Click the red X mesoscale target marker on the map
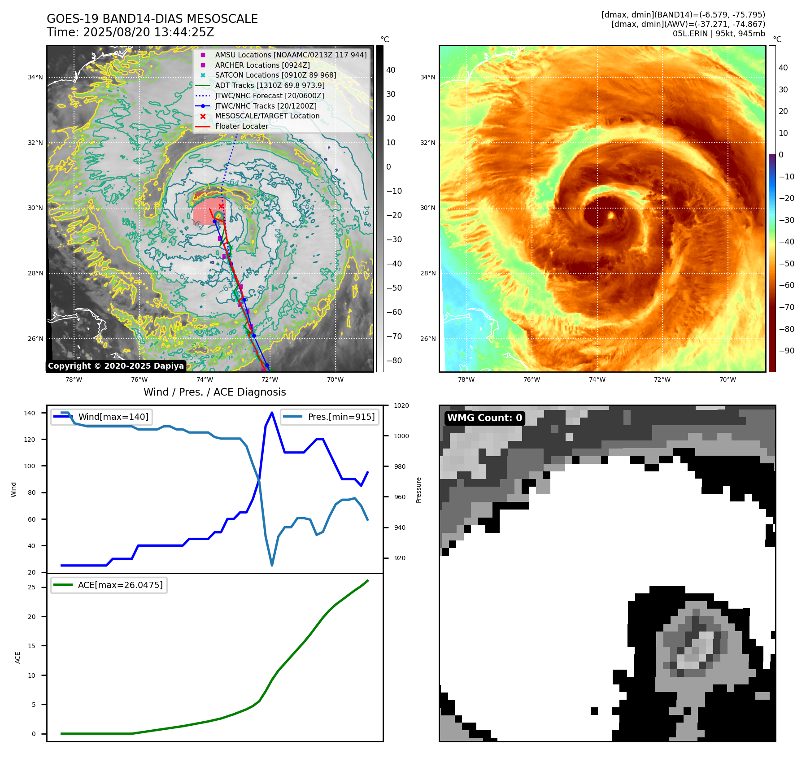coord(221,206)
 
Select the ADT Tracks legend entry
coord(270,85)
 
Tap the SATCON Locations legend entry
coord(275,75)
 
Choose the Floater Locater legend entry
coord(241,126)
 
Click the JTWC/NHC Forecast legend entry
coord(269,96)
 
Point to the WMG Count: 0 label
coord(484,418)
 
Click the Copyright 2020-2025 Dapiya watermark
coord(116,366)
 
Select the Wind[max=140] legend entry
coord(113,417)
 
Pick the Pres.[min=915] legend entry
coord(341,417)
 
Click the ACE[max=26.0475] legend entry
coord(120,585)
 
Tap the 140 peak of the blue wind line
coord(272,413)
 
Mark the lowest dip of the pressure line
coord(272,565)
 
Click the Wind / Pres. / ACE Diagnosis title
coord(214,392)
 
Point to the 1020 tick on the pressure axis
coord(401,405)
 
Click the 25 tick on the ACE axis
coord(32,587)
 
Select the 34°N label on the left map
coord(35,77)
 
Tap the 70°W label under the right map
coord(728,379)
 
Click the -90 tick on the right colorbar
coord(786,351)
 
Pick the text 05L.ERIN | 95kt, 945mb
coord(719,34)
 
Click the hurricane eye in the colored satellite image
coord(610,216)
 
